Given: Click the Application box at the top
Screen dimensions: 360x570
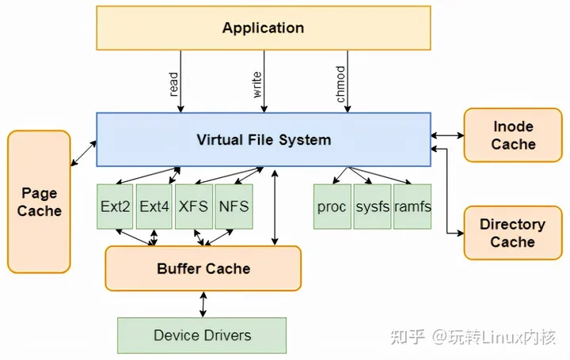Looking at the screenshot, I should coord(263,28).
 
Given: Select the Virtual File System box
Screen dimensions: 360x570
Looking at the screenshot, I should coord(264,140).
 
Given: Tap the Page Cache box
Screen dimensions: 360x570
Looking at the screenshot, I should coord(39,202).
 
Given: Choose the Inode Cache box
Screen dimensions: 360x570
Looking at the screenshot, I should coord(513,135).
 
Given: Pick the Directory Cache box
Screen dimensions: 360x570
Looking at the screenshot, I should coord(512,233).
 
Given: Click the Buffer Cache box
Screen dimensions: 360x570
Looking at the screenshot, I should coord(203,268).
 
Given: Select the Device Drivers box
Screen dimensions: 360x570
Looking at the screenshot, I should coord(202,335).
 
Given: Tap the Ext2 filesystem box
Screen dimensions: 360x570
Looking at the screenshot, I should coord(116,207).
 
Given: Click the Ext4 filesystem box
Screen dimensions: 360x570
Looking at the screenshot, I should coord(154,207).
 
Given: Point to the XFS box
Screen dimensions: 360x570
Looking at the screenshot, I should coord(193,207).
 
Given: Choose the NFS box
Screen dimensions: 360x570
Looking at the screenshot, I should coord(233,207).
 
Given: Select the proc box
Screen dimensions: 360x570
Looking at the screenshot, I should coord(332,207).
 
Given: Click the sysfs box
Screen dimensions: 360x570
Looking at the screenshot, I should coord(372,207).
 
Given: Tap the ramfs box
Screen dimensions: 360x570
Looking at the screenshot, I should coord(412,207).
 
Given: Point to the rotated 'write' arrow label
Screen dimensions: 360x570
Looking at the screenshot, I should coord(257,84).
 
